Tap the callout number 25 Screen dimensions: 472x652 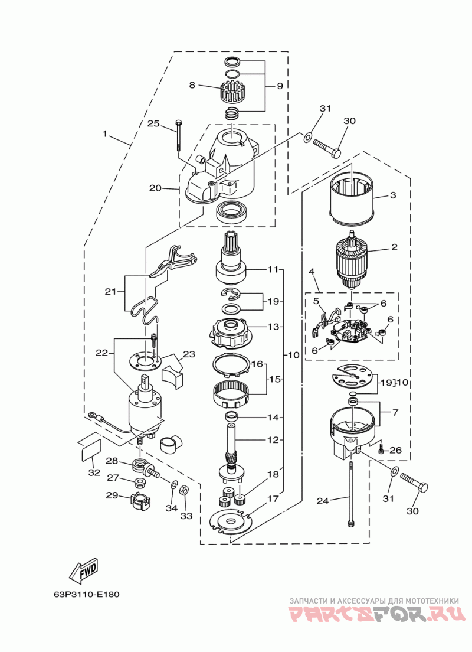(153, 123)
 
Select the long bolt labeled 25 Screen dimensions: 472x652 (179, 135)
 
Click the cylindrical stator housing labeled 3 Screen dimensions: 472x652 (352, 193)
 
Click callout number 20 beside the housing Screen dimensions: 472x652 (155, 188)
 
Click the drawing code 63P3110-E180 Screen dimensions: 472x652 (86, 594)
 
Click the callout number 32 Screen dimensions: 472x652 (95, 472)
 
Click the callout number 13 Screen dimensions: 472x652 (273, 327)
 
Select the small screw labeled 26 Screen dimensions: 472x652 (381, 448)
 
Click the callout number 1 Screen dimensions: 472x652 (105, 134)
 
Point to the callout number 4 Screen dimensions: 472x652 (311, 272)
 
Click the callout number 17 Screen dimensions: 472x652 (273, 498)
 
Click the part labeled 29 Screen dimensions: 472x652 (140, 498)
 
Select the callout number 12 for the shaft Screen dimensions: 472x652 (273, 439)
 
